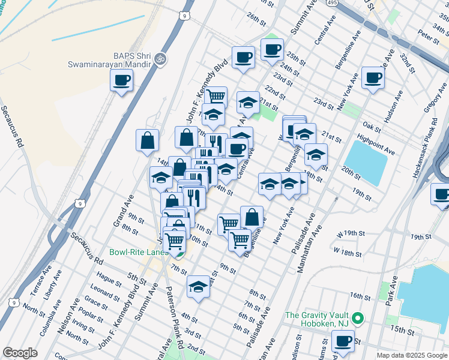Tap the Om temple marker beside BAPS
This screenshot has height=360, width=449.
point(159,59)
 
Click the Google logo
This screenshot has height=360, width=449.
point(20,353)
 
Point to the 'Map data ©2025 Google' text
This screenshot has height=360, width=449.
point(412,355)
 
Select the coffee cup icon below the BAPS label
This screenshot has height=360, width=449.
point(121,80)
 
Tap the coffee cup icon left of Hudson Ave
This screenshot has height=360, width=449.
point(373,78)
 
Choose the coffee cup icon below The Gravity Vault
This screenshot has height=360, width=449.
point(343,341)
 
